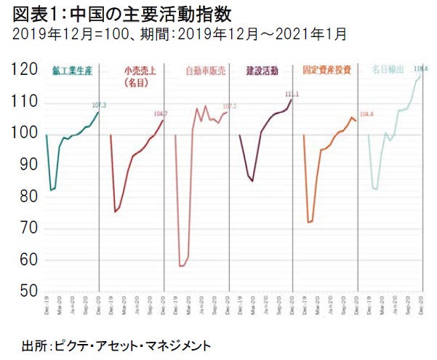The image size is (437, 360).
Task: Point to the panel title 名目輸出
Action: tap(388, 71)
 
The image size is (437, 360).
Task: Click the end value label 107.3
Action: tap(100, 106)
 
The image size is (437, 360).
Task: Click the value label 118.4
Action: tap(420, 68)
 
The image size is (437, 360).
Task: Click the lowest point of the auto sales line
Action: tap(181, 266)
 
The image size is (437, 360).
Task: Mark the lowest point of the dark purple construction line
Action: tap(252, 181)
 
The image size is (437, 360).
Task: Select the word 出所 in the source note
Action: tap(33, 343)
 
